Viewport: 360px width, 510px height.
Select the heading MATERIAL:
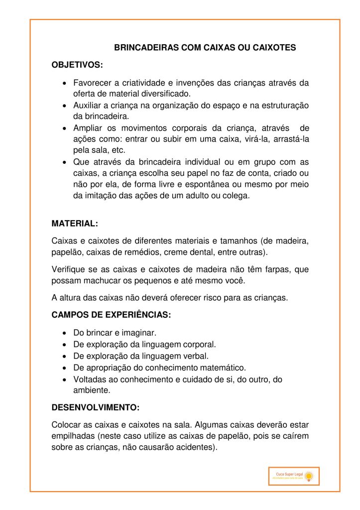[x=75, y=224]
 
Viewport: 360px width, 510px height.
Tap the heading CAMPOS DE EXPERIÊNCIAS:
[x=112, y=315]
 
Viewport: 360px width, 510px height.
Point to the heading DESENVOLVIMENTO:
[x=96, y=407]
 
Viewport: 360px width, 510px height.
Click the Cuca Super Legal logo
[x=293, y=476]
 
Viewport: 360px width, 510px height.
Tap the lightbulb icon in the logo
[x=309, y=477]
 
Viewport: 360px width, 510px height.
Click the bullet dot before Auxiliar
[x=65, y=106]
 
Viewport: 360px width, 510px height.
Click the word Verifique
[x=69, y=269]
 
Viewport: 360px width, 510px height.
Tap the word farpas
[x=278, y=269]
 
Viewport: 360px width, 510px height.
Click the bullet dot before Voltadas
[x=65, y=380]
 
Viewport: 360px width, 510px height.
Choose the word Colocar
[x=67, y=425]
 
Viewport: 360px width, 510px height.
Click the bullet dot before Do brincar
[x=65, y=332]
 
